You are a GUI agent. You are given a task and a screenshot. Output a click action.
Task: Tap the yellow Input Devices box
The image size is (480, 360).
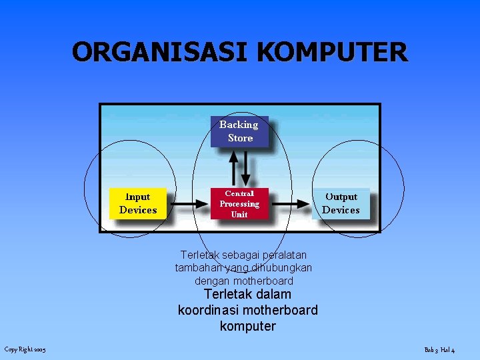(x=138, y=203)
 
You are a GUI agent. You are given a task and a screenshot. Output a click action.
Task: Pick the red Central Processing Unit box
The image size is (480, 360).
(x=239, y=203)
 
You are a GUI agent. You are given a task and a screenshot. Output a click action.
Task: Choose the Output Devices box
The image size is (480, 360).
(x=341, y=203)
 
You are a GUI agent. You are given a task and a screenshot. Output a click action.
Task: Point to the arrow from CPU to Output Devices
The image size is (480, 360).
(x=291, y=205)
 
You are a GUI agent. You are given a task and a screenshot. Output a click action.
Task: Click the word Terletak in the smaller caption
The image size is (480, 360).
(x=201, y=255)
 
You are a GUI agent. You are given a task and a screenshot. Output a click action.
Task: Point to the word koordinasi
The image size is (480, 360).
(x=208, y=310)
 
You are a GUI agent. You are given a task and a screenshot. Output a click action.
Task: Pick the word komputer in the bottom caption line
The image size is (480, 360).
(x=247, y=326)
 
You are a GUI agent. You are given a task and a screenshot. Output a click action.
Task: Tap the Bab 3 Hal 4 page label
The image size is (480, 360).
(x=439, y=350)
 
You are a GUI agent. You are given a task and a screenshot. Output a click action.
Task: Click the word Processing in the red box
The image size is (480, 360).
(x=239, y=203)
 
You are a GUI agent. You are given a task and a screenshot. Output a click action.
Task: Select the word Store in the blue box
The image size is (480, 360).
(x=240, y=138)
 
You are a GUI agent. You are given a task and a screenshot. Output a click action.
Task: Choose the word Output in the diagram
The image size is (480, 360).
(x=341, y=197)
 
